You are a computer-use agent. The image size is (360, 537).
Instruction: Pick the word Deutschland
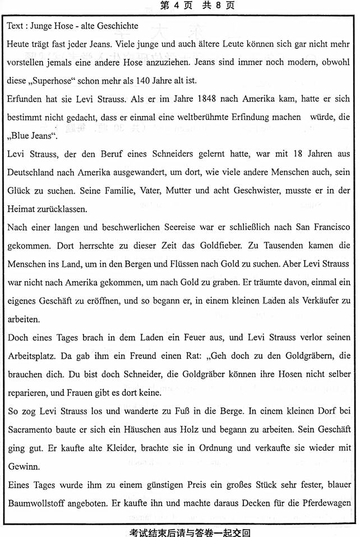(34, 172)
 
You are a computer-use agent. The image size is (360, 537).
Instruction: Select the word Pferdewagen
(325, 502)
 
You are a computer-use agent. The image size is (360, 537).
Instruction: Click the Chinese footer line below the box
(180, 531)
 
